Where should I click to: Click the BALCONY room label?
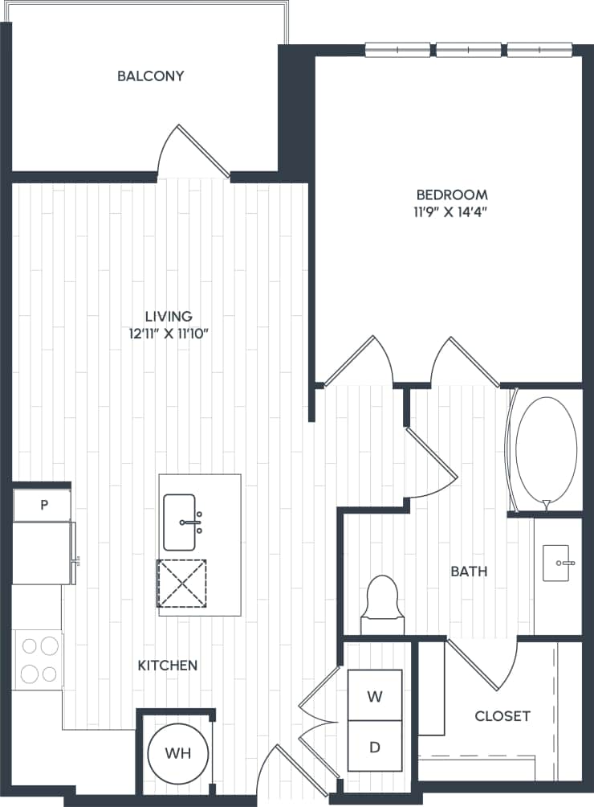pyautogui.click(x=150, y=76)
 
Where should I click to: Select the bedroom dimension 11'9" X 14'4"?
pyautogui.click(x=451, y=213)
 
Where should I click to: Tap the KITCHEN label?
pyautogui.click(x=168, y=666)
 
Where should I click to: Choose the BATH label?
pyautogui.click(x=469, y=571)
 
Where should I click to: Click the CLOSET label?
pyautogui.click(x=502, y=715)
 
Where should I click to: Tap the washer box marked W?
pyautogui.click(x=374, y=696)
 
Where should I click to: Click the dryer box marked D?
pyautogui.click(x=374, y=747)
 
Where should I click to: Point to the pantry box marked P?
pyautogui.click(x=43, y=505)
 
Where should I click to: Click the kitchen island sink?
pyautogui.click(x=183, y=522)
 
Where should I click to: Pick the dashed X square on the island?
pyautogui.click(x=181, y=584)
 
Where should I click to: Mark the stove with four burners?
pyautogui.click(x=39, y=659)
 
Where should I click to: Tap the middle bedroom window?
pyautogui.click(x=470, y=50)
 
